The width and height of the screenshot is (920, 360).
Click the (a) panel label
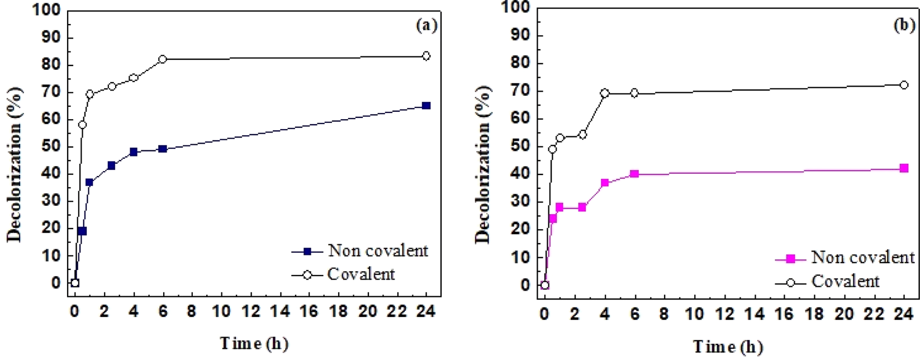click(x=426, y=25)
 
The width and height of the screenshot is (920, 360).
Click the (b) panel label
click(x=904, y=25)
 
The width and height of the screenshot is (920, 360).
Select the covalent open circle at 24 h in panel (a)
click(x=426, y=56)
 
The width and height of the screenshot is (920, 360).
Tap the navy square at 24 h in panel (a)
click(x=426, y=106)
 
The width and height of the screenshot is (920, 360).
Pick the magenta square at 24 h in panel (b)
click(x=904, y=168)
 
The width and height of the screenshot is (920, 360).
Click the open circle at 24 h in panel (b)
click(x=904, y=85)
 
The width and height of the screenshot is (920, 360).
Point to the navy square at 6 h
click(x=163, y=149)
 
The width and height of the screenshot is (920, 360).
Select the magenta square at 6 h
click(x=634, y=174)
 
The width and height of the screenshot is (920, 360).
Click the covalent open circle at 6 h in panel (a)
click(x=163, y=59)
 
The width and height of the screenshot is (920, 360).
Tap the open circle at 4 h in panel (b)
click(x=605, y=93)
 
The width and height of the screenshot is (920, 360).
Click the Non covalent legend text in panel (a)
click(x=378, y=251)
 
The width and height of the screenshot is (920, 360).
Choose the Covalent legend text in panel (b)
click(x=845, y=282)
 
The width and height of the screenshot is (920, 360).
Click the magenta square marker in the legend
click(x=790, y=258)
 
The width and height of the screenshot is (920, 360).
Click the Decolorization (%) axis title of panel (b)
click(x=483, y=165)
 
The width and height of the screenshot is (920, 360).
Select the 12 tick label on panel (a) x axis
click(x=250, y=311)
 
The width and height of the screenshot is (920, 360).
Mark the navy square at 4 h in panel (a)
click(x=134, y=152)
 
